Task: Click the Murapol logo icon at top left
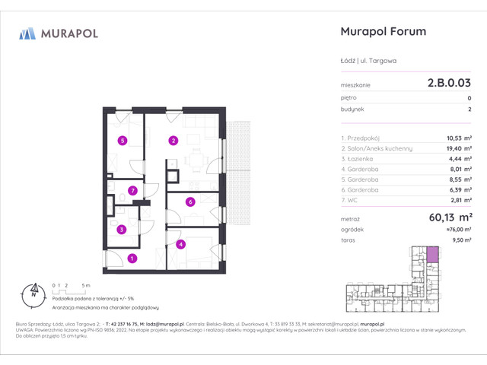pos(27,33)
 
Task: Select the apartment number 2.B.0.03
pos(449,85)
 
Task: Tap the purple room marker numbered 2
pos(173,140)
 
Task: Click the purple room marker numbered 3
pos(121,229)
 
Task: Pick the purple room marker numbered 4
pos(180,244)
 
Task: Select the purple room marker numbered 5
pos(121,140)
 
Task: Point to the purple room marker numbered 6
pos(190,202)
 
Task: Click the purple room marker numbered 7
pos(132,190)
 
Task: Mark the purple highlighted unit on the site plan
pos(432,255)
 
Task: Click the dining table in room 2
pos(196,160)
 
